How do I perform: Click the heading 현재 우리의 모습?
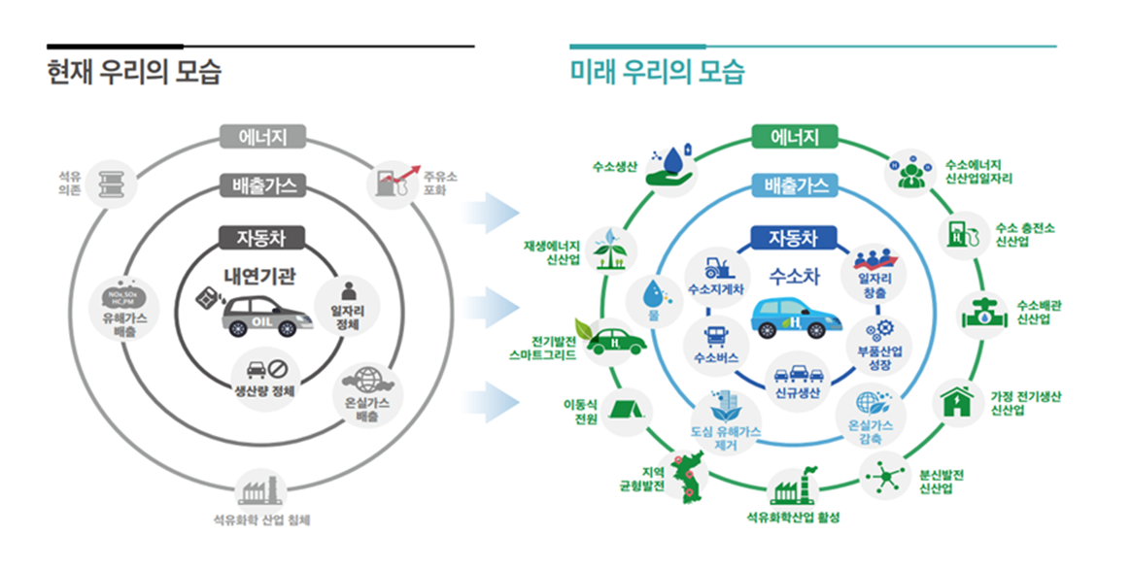[x=134, y=73]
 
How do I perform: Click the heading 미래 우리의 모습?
[x=657, y=73]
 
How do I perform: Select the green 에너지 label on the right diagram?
[x=796, y=137]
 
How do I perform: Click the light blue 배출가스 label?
[x=796, y=184]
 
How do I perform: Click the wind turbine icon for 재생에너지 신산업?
[x=608, y=249]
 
